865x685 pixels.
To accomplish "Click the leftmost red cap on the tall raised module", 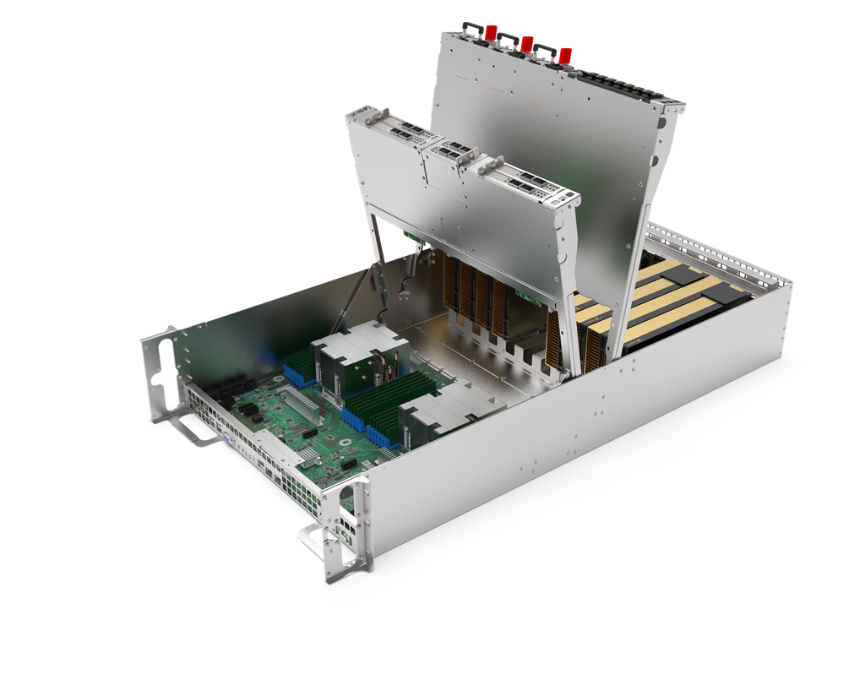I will point(488,34).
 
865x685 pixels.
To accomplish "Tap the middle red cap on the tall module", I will point(527,43).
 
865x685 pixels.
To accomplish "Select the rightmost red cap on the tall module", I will point(565,55).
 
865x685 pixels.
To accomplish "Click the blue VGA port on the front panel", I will point(227,440).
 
